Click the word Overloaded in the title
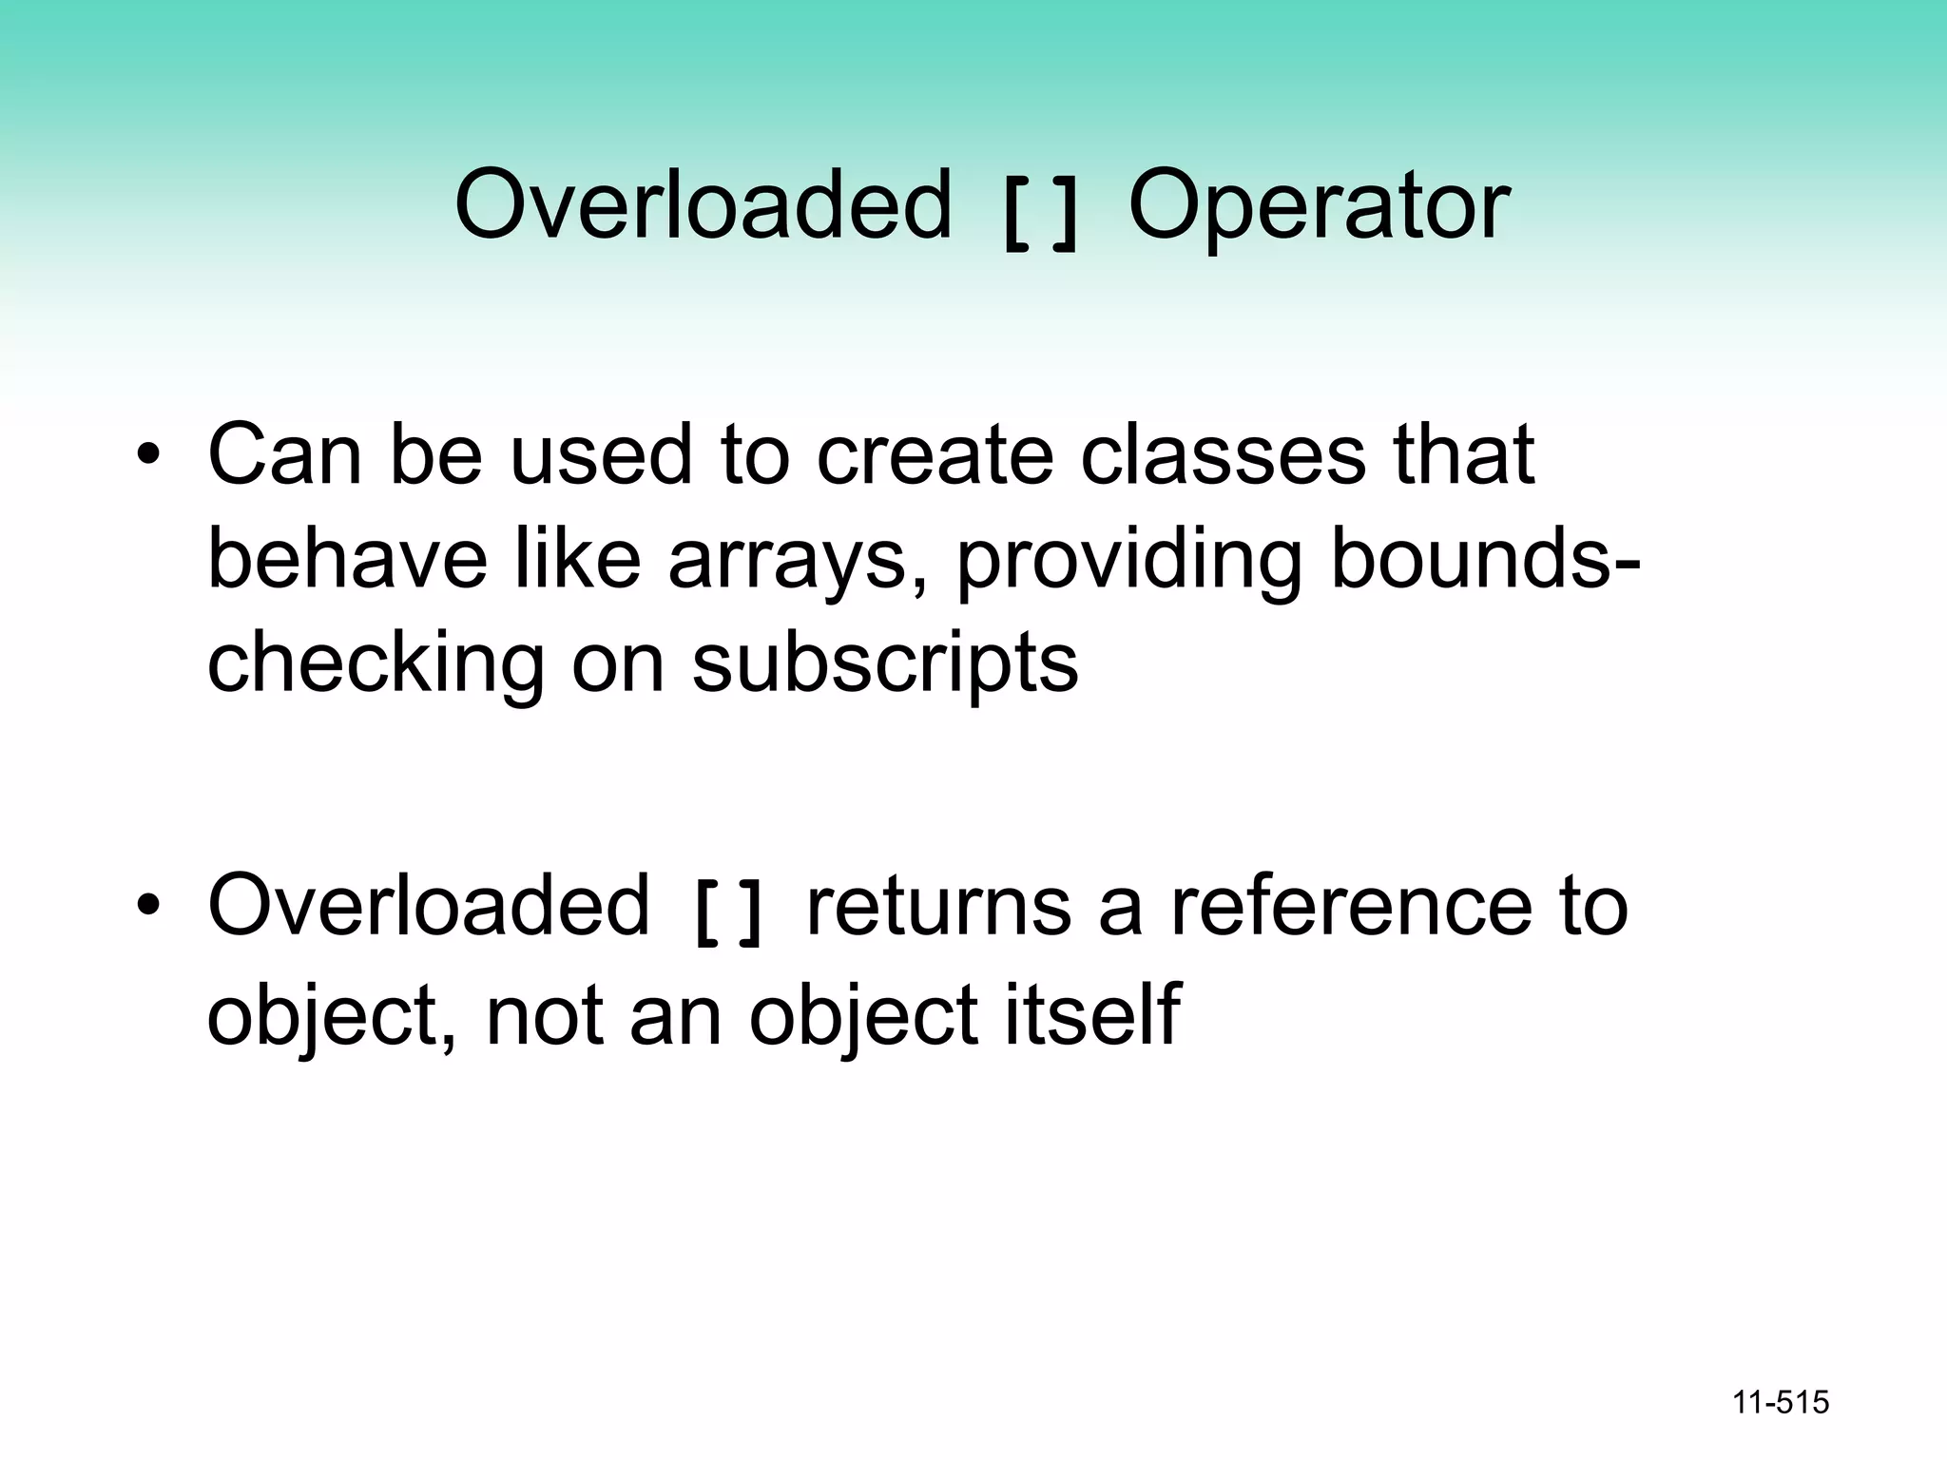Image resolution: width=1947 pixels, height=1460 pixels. (x=703, y=204)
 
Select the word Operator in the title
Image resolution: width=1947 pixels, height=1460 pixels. (x=1319, y=204)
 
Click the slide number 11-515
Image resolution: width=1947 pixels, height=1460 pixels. (x=1781, y=1403)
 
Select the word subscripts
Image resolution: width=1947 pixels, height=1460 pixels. (x=885, y=665)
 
